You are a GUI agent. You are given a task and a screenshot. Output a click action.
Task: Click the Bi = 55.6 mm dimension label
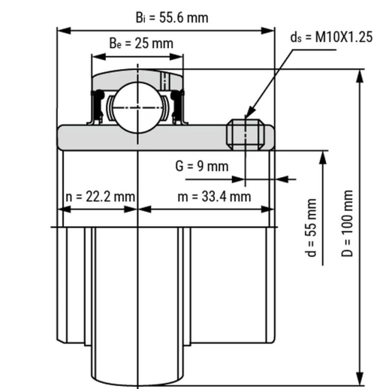point(172,18)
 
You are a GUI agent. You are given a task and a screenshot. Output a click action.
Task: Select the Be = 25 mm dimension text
point(141,43)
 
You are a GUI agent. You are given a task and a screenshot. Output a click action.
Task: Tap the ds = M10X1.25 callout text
point(331,37)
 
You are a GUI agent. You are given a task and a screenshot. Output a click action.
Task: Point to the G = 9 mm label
point(202,166)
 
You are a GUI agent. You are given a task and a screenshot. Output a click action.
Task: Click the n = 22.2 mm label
point(100,197)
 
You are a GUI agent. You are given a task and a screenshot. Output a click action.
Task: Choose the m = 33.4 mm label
point(214,197)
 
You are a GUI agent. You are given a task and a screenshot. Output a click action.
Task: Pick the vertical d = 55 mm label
point(311,228)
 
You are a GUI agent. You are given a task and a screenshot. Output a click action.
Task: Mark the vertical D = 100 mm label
point(347,223)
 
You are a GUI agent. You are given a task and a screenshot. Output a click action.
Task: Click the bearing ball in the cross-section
point(137,107)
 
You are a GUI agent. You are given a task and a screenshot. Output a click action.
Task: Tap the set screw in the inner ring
point(246,134)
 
